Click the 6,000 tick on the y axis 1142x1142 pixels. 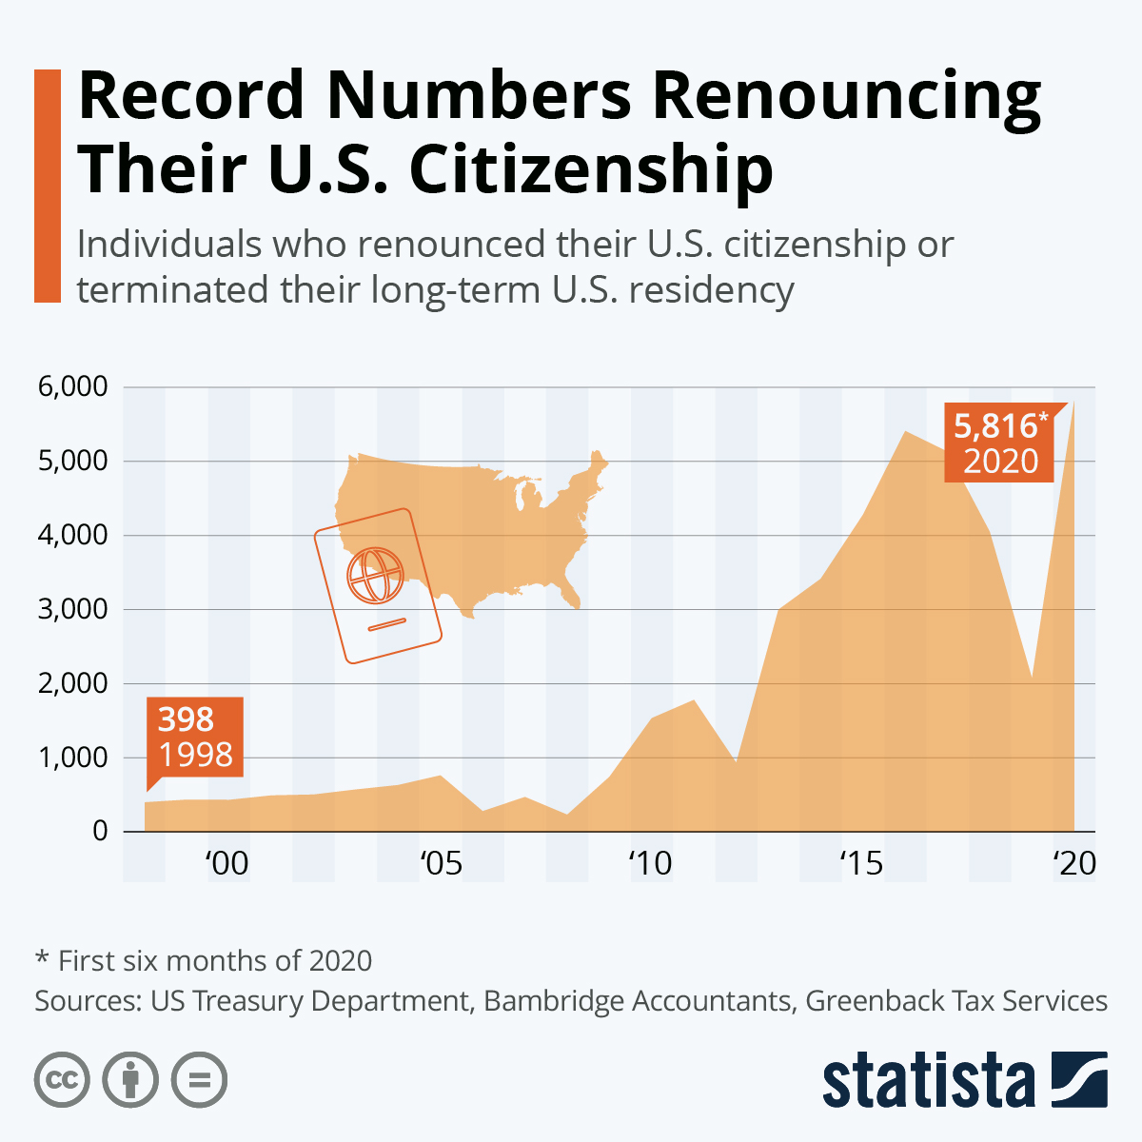(x=71, y=387)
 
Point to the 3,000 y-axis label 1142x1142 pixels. (x=71, y=609)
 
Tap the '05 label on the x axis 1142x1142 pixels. (x=440, y=863)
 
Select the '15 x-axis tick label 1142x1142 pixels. (x=861, y=863)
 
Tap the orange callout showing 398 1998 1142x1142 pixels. (x=195, y=738)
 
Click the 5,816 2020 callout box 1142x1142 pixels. (x=999, y=443)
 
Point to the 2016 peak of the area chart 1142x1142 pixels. (x=905, y=433)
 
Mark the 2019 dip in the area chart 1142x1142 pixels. (x=1032, y=677)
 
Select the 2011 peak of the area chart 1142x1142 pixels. (x=694, y=701)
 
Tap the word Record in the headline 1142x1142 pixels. (x=191, y=95)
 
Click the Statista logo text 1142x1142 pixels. (x=929, y=1081)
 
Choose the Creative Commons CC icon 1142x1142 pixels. (x=62, y=1080)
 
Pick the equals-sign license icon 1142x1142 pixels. (x=199, y=1080)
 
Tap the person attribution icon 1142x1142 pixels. (x=130, y=1080)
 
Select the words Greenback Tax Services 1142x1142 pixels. (x=956, y=1001)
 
